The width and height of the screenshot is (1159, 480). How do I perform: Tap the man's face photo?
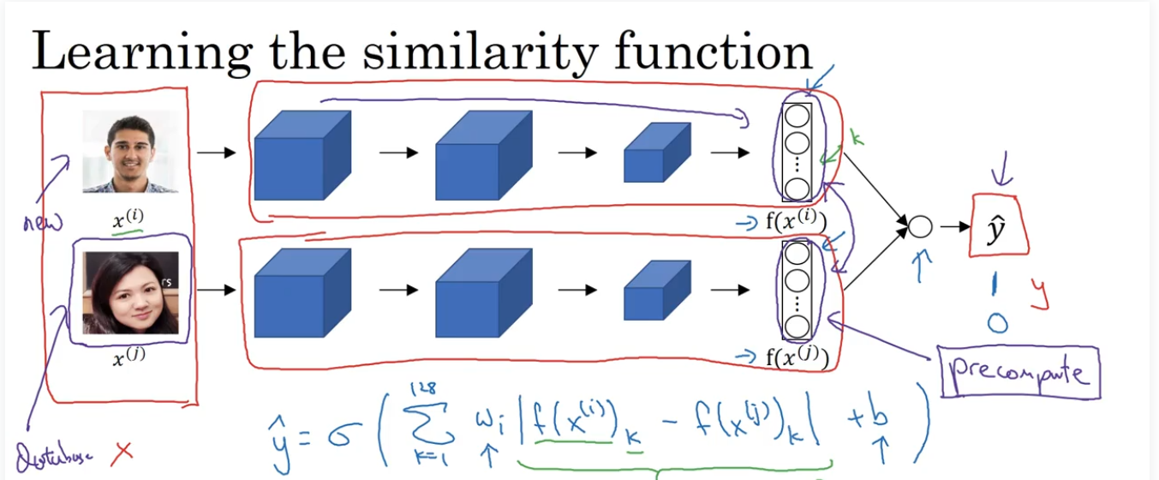pos(131,153)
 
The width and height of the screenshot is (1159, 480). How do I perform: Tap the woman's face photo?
pos(130,291)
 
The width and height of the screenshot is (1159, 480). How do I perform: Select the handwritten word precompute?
pos(1018,373)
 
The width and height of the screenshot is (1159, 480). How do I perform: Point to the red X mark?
pos(122,451)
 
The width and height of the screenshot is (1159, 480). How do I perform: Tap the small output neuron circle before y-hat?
pos(919,227)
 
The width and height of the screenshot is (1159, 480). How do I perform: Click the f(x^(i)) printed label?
pos(796,223)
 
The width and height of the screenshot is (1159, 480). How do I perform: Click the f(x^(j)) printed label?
pos(796,357)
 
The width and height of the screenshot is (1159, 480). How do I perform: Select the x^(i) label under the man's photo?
pos(129,219)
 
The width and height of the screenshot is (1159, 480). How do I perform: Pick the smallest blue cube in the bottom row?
pos(656,291)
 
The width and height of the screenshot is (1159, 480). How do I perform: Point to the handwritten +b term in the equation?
pos(872,419)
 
